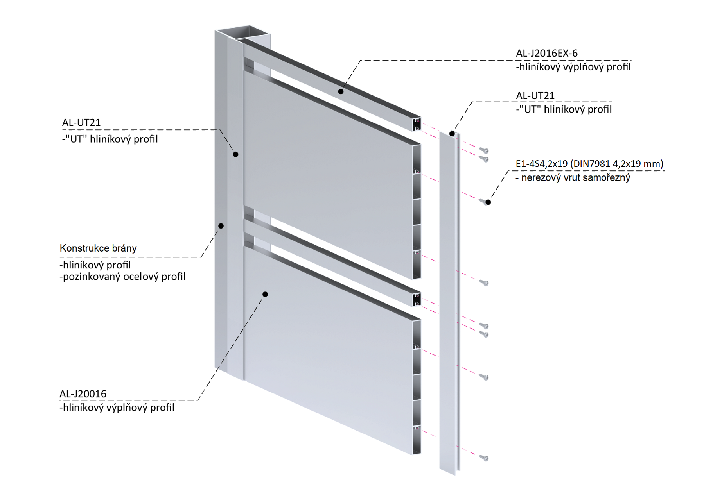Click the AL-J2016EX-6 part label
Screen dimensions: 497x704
tap(546, 54)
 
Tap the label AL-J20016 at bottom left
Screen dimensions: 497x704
tap(83, 394)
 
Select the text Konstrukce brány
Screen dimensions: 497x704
tap(98, 248)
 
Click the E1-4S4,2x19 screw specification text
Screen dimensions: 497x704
tap(589, 164)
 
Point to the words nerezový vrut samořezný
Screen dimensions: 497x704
tap(575, 178)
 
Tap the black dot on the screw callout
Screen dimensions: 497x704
tap(488, 202)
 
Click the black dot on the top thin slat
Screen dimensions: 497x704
tap(341, 91)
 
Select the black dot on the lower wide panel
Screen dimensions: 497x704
tap(265, 294)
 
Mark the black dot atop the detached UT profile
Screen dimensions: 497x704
tap(452, 134)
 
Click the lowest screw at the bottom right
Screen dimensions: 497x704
tap(484, 458)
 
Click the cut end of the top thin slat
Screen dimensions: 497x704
tap(417, 124)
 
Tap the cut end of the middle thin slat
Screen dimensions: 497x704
tap(417, 299)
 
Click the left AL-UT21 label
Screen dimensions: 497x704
tap(81, 123)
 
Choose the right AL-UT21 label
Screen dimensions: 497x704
tap(535, 96)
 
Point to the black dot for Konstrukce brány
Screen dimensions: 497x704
tap(221, 226)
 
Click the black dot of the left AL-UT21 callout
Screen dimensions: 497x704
tap(235, 154)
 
